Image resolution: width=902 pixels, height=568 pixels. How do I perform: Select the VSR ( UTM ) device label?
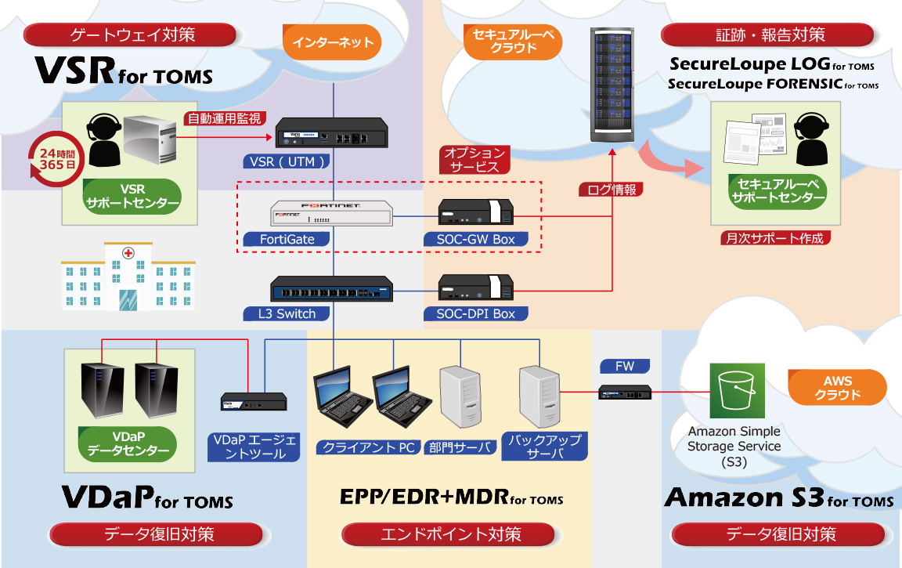tap(284, 161)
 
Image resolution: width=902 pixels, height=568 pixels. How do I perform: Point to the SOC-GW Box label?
tap(475, 239)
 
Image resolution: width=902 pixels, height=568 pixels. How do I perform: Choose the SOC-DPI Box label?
tap(475, 313)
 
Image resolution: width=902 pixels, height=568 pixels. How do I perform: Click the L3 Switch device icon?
tap(332, 290)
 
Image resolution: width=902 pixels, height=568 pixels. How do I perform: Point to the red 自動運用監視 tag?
tap(223, 119)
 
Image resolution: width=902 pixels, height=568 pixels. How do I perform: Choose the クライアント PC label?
tap(366, 447)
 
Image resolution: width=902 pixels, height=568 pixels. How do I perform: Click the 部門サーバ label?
tap(461, 447)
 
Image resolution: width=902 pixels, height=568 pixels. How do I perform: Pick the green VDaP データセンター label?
tap(128, 443)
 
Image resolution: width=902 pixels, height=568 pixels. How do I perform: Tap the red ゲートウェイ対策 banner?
tap(132, 34)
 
